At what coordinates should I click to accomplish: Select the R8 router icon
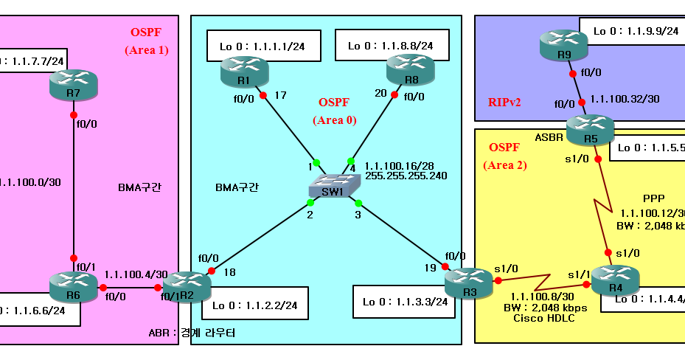point(410,71)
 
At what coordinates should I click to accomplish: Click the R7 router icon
point(74,86)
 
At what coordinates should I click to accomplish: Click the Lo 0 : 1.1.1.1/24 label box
point(264,46)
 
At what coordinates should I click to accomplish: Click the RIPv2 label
point(504,103)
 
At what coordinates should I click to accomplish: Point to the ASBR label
point(550,136)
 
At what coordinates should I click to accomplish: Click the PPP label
point(653,198)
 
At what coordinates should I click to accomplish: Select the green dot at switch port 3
point(358,202)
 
